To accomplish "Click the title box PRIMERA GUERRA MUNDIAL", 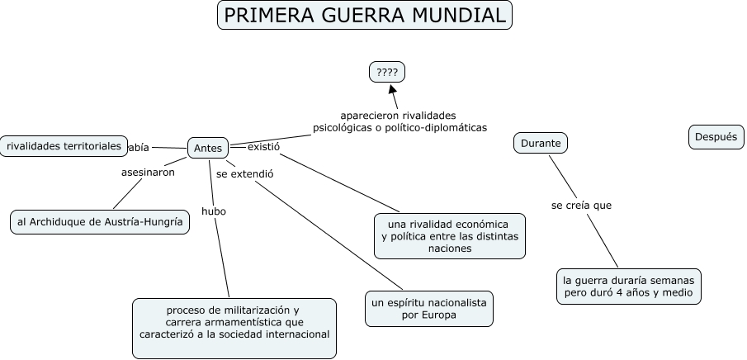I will tap(364, 15).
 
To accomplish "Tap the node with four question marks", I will tap(387, 73).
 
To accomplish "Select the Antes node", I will tap(208, 148).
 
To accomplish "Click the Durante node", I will tap(541, 143).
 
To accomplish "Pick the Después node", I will tap(715, 137).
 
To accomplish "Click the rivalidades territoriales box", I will tap(64, 145).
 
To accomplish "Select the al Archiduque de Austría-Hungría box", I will tap(99, 222).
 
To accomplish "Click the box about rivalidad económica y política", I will tap(449, 235).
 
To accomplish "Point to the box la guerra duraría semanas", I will tap(628, 285).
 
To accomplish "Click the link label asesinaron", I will tap(148, 173).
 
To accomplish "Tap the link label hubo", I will tap(213, 211).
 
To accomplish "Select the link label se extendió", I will tap(244, 174).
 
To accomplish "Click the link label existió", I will tap(264, 146).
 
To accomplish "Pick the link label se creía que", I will tap(581, 205).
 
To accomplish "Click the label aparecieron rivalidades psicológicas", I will tap(400, 121).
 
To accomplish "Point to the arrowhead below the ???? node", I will tap(393, 90).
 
